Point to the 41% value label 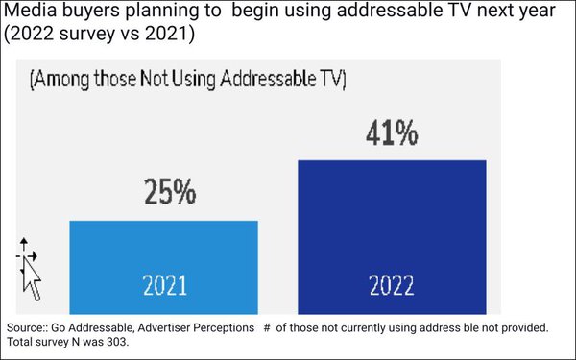(392, 132)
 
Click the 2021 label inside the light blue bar (164, 285)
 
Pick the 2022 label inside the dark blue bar (392, 285)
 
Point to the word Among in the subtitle (70, 80)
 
